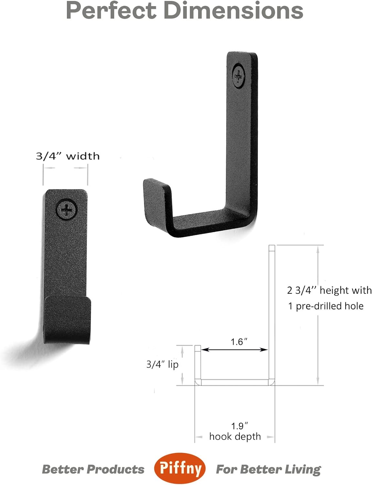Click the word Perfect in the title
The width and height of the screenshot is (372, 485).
[112, 10]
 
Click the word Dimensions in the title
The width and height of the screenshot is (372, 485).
[233, 10]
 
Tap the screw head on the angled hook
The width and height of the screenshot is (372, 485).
[239, 75]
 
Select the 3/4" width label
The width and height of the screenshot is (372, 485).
[68, 156]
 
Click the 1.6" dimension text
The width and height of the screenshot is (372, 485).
[239, 342]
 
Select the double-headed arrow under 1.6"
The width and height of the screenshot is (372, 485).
[235, 350]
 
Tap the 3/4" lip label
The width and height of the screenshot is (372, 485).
[162, 364]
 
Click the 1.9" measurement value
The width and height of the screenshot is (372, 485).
[239, 426]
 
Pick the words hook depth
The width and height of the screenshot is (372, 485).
[235, 436]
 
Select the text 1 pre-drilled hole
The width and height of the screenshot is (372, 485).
[326, 306]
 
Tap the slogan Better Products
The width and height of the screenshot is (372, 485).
[93, 469]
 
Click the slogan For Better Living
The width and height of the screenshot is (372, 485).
[268, 469]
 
